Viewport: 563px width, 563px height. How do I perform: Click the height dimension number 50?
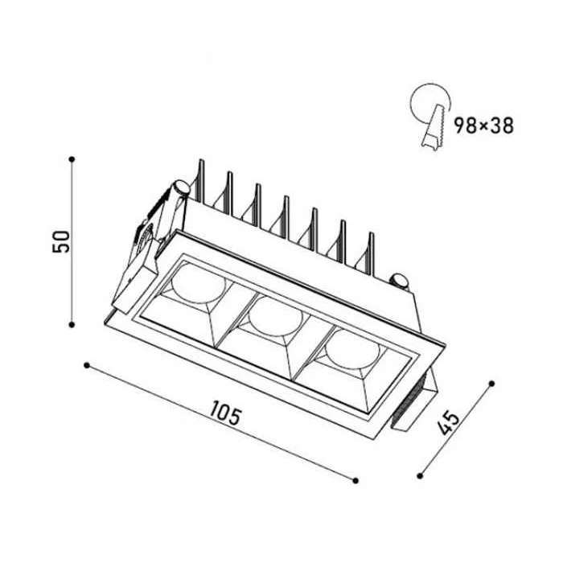point(61,241)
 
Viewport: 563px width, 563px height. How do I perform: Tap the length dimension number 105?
point(224,413)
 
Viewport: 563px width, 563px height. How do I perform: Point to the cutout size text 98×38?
point(483,125)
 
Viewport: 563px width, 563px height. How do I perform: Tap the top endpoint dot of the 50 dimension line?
point(72,158)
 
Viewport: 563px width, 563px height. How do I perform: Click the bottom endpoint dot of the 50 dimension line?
point(72,325)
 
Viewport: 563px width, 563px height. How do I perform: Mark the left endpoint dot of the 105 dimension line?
point(86,365)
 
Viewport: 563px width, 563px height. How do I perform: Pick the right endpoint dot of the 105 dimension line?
point(355,480)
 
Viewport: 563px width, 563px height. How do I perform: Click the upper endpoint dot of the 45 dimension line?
point(492,384)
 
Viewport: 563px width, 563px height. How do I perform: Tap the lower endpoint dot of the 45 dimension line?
point(420,476)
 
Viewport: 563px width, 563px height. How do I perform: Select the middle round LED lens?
point(276,315)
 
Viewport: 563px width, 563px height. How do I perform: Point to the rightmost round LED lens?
point(352,348)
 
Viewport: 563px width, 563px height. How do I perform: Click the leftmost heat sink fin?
point(201,181)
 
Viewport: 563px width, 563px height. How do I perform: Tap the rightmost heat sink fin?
point(372,254)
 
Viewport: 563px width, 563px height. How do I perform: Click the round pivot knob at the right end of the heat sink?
point(399,281)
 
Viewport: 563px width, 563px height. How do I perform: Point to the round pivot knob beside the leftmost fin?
point(181,188)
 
